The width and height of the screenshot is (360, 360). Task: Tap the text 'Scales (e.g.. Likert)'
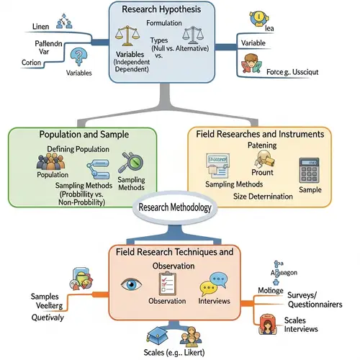(x=176, y=351)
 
